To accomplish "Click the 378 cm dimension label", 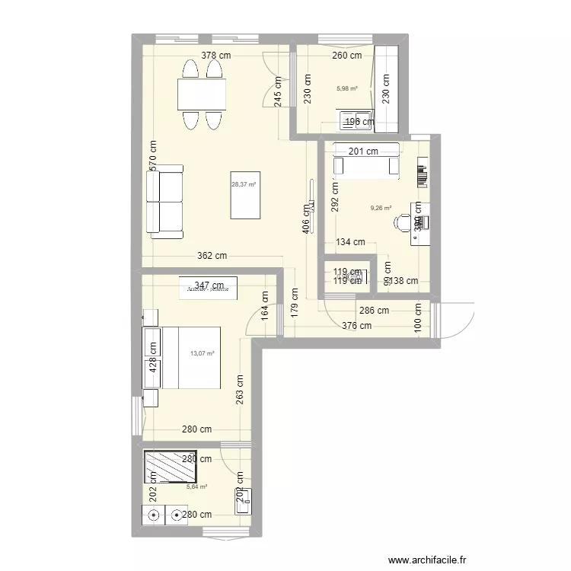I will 216,55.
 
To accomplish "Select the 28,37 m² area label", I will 244,183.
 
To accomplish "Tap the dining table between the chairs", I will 203,95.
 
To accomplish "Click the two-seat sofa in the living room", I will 164,202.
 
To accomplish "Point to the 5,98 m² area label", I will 346,87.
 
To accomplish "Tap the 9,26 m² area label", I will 381,208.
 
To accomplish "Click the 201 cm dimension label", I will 363,152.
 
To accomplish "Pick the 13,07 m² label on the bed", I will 202,353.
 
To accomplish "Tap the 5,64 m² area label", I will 197,486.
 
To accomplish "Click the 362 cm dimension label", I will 212,257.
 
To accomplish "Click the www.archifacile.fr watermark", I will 426,560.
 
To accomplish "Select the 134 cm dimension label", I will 351,243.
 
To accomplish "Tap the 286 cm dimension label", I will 374,310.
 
